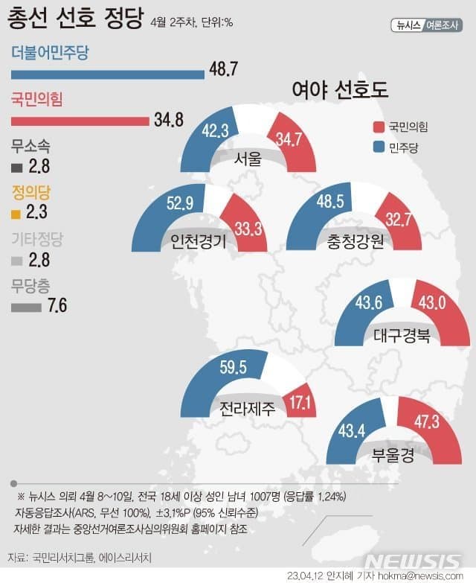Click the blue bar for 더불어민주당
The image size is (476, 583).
(x=108, y=74)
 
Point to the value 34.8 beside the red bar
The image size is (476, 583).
(x=168, y=119)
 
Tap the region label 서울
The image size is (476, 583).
(x=248, y=159)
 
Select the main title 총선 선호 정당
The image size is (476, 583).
(x=74, y=19)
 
